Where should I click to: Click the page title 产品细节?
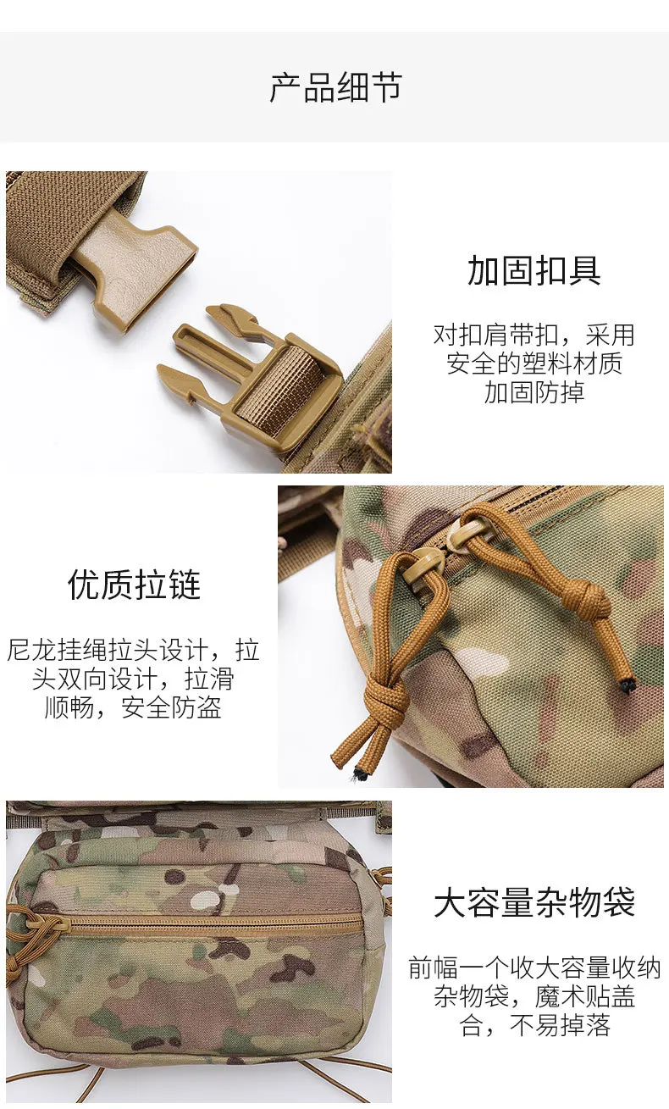click(335, 87)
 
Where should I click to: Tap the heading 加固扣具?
click(534, 270)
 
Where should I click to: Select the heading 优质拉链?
click(134, 585)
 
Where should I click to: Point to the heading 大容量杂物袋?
click(534, 902)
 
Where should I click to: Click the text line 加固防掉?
click(534, 392)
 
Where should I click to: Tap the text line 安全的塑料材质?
click(534, 364)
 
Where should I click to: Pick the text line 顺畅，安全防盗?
click(133, 707)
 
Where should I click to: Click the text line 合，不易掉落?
click(534, 1025)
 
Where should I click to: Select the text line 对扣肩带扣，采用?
click(534, 335)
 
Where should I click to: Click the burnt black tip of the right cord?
click(628, 685)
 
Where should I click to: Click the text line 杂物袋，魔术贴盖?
click(534, 996)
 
